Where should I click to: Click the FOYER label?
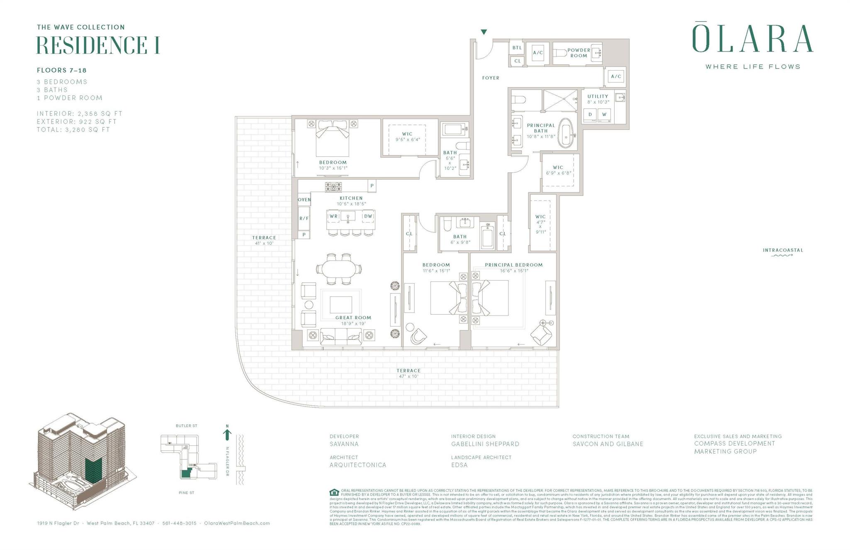click(x=491, y=78)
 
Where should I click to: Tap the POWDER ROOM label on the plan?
click(x=579, y=53)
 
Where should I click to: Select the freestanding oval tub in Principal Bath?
click(x=565, y=133)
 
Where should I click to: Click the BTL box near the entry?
click(x=517, y=48)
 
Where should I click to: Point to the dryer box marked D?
click(x=590, y=115)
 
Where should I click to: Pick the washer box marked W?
click(x=604, y=115)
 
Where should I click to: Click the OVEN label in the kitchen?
click(x=304, y=200)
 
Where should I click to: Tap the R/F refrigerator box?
click(x=304, y=218)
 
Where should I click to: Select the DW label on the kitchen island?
click(x=368, y=216)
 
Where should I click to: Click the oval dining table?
click(x=339, y=269)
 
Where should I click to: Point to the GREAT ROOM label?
click(x=353, y=318)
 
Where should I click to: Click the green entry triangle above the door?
click(x=484, y=32)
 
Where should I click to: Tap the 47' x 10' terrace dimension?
click(x=408, y=376)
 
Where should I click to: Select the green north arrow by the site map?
click(x=227, y=434)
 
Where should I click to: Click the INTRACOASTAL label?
click(x=783, y=250)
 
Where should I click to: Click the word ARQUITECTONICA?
click(x=358, y=465)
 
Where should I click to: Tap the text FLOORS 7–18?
click(x=61, y=71)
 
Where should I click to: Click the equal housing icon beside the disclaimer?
click(x=334, y=493)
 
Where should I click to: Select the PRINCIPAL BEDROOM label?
click(x=513, y=265)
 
